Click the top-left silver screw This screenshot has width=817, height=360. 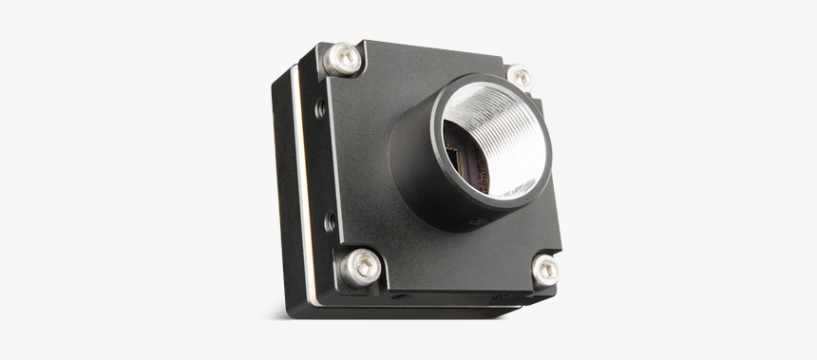(x=342, y=60)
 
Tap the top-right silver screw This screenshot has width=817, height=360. (x=519, y=78)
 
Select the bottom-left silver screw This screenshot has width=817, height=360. (x=360, y=266)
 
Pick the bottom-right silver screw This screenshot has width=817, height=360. (x=544, y=271)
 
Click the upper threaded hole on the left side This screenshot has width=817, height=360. (x=321, y=109)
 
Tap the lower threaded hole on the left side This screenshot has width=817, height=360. (x=330, y=222)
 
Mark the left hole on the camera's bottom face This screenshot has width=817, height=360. (x=402, y=296)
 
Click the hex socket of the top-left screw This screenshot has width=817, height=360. (x=343, y=59)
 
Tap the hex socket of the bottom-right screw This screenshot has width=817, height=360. (x=545, y=271)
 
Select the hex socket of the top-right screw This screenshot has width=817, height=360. (x=520, y=78)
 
